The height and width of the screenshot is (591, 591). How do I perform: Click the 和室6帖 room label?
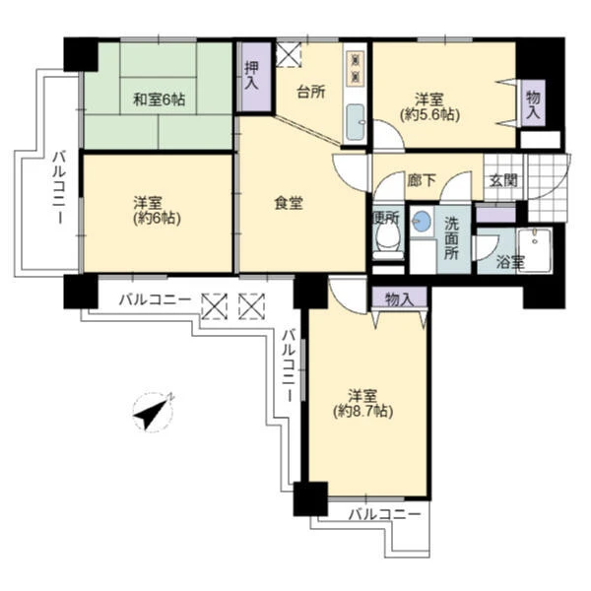pos(159,99)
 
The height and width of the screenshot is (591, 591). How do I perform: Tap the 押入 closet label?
pos(252,76)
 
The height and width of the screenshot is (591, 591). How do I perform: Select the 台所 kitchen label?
pos(311,92)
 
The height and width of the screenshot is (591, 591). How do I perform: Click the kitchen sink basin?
pos(356,121)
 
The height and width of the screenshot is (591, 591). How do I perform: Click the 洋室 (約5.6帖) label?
pos(429,107)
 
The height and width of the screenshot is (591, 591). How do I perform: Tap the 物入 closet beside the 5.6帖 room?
pos(533,102)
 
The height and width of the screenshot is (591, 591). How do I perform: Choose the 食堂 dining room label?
pos(289,204)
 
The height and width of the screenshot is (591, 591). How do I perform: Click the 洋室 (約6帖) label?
pos(158,211)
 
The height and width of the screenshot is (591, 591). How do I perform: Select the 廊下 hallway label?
pos(422,180)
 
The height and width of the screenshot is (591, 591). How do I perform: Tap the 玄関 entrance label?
pos(503,181)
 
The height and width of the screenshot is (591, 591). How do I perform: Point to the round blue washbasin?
pos(422,222)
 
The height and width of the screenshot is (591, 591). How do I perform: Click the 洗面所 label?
pos(451,238)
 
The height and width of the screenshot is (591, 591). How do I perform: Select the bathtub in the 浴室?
pos(535,249)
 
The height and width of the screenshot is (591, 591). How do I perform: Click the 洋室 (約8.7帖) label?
pos(362,403)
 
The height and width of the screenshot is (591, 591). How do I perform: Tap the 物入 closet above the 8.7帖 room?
pos(400,298)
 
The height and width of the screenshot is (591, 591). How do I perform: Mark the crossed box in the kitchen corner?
pos(289,55)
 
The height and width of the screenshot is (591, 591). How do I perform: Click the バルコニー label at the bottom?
pos(384,514)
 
